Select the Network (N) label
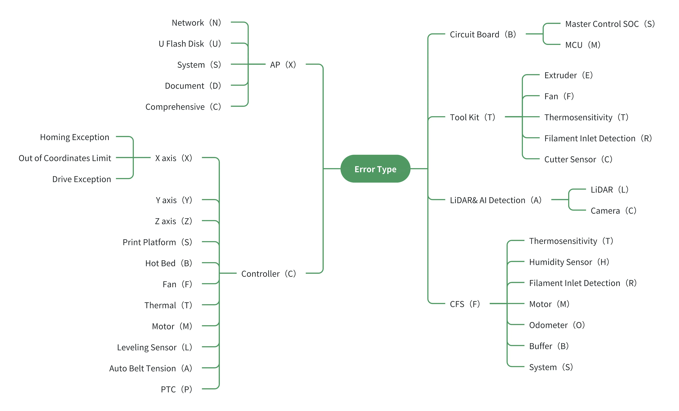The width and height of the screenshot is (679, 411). tap(196, 23)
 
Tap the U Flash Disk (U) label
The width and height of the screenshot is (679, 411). tap(190, 44)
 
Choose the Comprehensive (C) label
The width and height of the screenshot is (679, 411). tap(183, 107)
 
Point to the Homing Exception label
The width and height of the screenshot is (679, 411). tap(75, 137)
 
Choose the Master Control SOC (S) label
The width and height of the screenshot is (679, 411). tap(610, 24)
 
